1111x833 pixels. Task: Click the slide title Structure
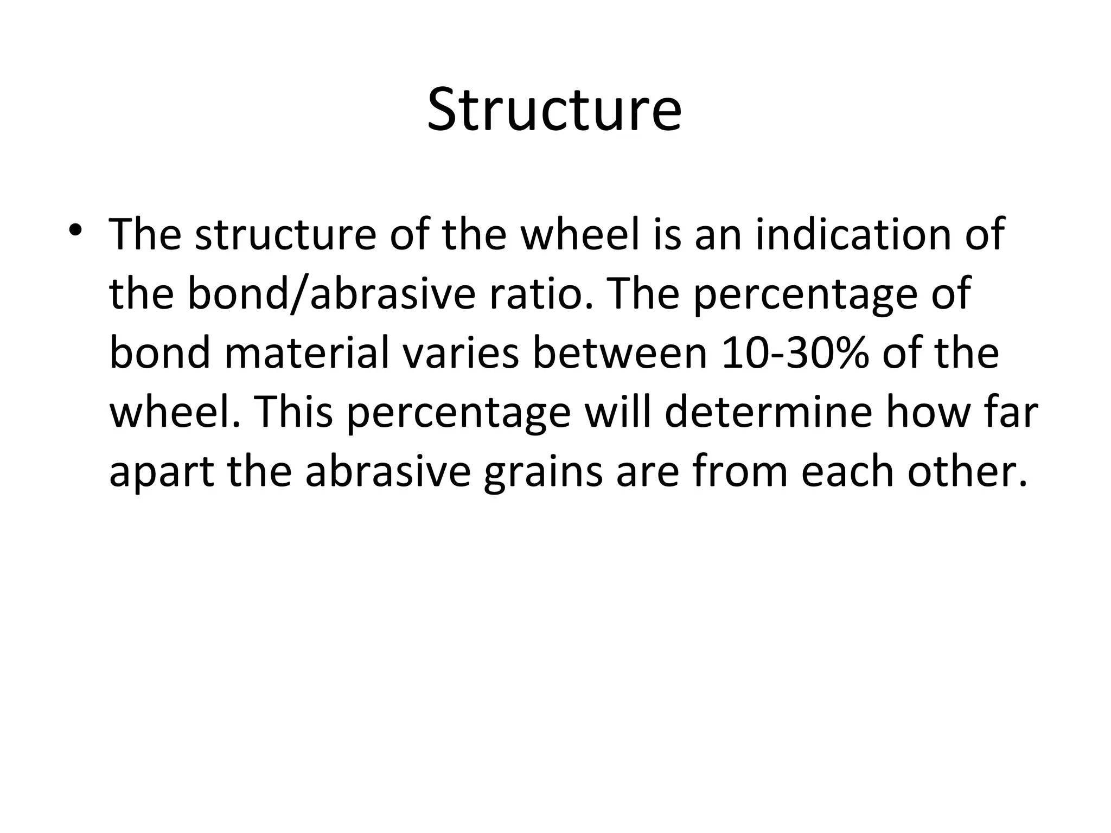point(554,110)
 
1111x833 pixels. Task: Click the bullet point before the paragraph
point(75,229)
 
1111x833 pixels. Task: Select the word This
point(293,412)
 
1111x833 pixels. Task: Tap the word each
point(847,471)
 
